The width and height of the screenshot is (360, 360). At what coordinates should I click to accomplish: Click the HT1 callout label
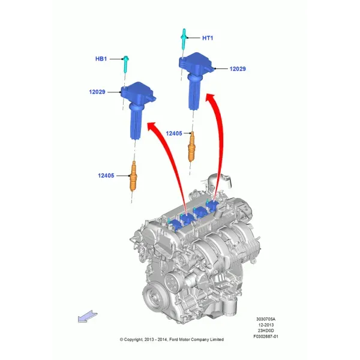[x=208, y=38]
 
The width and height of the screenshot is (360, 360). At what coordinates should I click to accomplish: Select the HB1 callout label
[x=101, y=59]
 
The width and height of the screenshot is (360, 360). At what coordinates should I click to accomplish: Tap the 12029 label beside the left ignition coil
[x=97, y=92]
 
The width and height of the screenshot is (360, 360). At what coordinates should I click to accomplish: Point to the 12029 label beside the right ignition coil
[x=238, y=69]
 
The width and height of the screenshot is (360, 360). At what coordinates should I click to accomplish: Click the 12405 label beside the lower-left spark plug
[x=106, y=176]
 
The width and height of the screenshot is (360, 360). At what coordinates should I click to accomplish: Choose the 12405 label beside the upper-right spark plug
[x=174, y=133]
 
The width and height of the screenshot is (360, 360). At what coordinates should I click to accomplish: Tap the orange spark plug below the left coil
[x=133, y=176]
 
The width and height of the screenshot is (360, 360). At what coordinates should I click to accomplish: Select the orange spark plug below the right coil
[x=191, y=146]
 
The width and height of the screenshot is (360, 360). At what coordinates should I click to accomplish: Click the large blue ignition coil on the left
[x=137, y=110]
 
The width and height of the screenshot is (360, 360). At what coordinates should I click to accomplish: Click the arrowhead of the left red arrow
[x=154, y=127]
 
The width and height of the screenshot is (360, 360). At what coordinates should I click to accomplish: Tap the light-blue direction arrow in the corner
[x=88, y=317]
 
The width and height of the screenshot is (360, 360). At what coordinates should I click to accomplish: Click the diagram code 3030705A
[x=266, y=319]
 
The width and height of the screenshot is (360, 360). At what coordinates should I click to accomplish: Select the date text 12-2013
[x=266, y=325]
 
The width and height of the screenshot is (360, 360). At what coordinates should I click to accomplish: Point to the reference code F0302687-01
[x=266, y=337]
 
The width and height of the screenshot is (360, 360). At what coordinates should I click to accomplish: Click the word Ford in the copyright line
[x=174, y=340]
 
